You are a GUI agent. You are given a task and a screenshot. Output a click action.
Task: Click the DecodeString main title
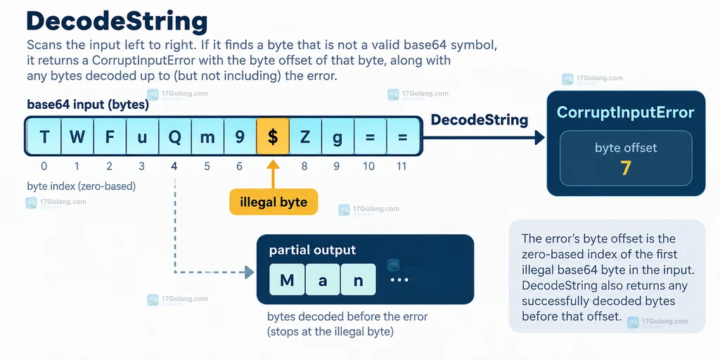coord(117,22)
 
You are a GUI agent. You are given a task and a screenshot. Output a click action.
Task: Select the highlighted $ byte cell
coord(273,136)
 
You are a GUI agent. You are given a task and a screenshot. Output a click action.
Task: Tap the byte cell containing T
coord(44,136)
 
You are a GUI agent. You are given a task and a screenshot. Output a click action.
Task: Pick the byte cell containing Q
coord(175,136)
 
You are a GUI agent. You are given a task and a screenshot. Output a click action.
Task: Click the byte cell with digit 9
coord(240,136)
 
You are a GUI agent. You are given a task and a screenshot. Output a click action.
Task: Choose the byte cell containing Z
coord(305,136)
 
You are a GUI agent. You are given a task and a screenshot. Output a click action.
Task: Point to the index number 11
coord(401,166)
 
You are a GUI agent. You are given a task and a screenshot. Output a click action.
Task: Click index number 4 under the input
coord(174,166)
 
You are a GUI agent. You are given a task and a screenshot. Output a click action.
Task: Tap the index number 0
coord(44,166)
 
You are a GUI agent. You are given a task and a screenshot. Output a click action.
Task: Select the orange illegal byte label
coord(274,202)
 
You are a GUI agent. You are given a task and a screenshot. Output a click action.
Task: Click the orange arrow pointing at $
coord(273,174)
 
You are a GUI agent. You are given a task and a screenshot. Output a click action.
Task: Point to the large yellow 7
coord(625,169)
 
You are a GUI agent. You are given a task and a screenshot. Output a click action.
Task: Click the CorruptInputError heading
coord(625,112)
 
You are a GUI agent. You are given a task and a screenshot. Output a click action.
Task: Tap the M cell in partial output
coord(287,280)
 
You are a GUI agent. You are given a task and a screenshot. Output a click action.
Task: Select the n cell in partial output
coord(358,280)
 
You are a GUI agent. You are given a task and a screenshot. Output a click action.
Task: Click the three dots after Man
coord(399,280)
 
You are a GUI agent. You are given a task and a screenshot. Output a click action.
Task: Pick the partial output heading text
coord(312,250)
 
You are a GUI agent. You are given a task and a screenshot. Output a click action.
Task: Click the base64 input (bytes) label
coord(88,105)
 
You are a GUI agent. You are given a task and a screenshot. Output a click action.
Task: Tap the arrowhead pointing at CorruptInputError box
coord(539,137)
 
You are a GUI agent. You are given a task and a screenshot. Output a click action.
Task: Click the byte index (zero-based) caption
coord(82,186)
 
